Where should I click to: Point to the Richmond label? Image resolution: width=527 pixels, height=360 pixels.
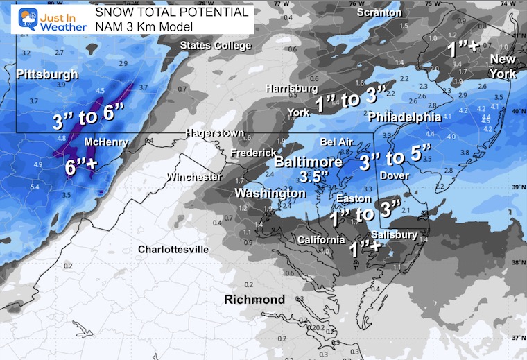[x=254, y=300]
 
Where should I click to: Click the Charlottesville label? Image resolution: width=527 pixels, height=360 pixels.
[x=173, y=249]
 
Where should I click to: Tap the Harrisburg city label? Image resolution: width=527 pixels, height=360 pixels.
[x=293, y=89]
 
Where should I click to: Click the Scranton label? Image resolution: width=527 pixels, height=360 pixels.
[x=379, y=12]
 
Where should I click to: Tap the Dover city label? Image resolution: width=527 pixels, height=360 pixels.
[x=395, y=176]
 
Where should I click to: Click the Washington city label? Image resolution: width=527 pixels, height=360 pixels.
[x=270, y=192]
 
